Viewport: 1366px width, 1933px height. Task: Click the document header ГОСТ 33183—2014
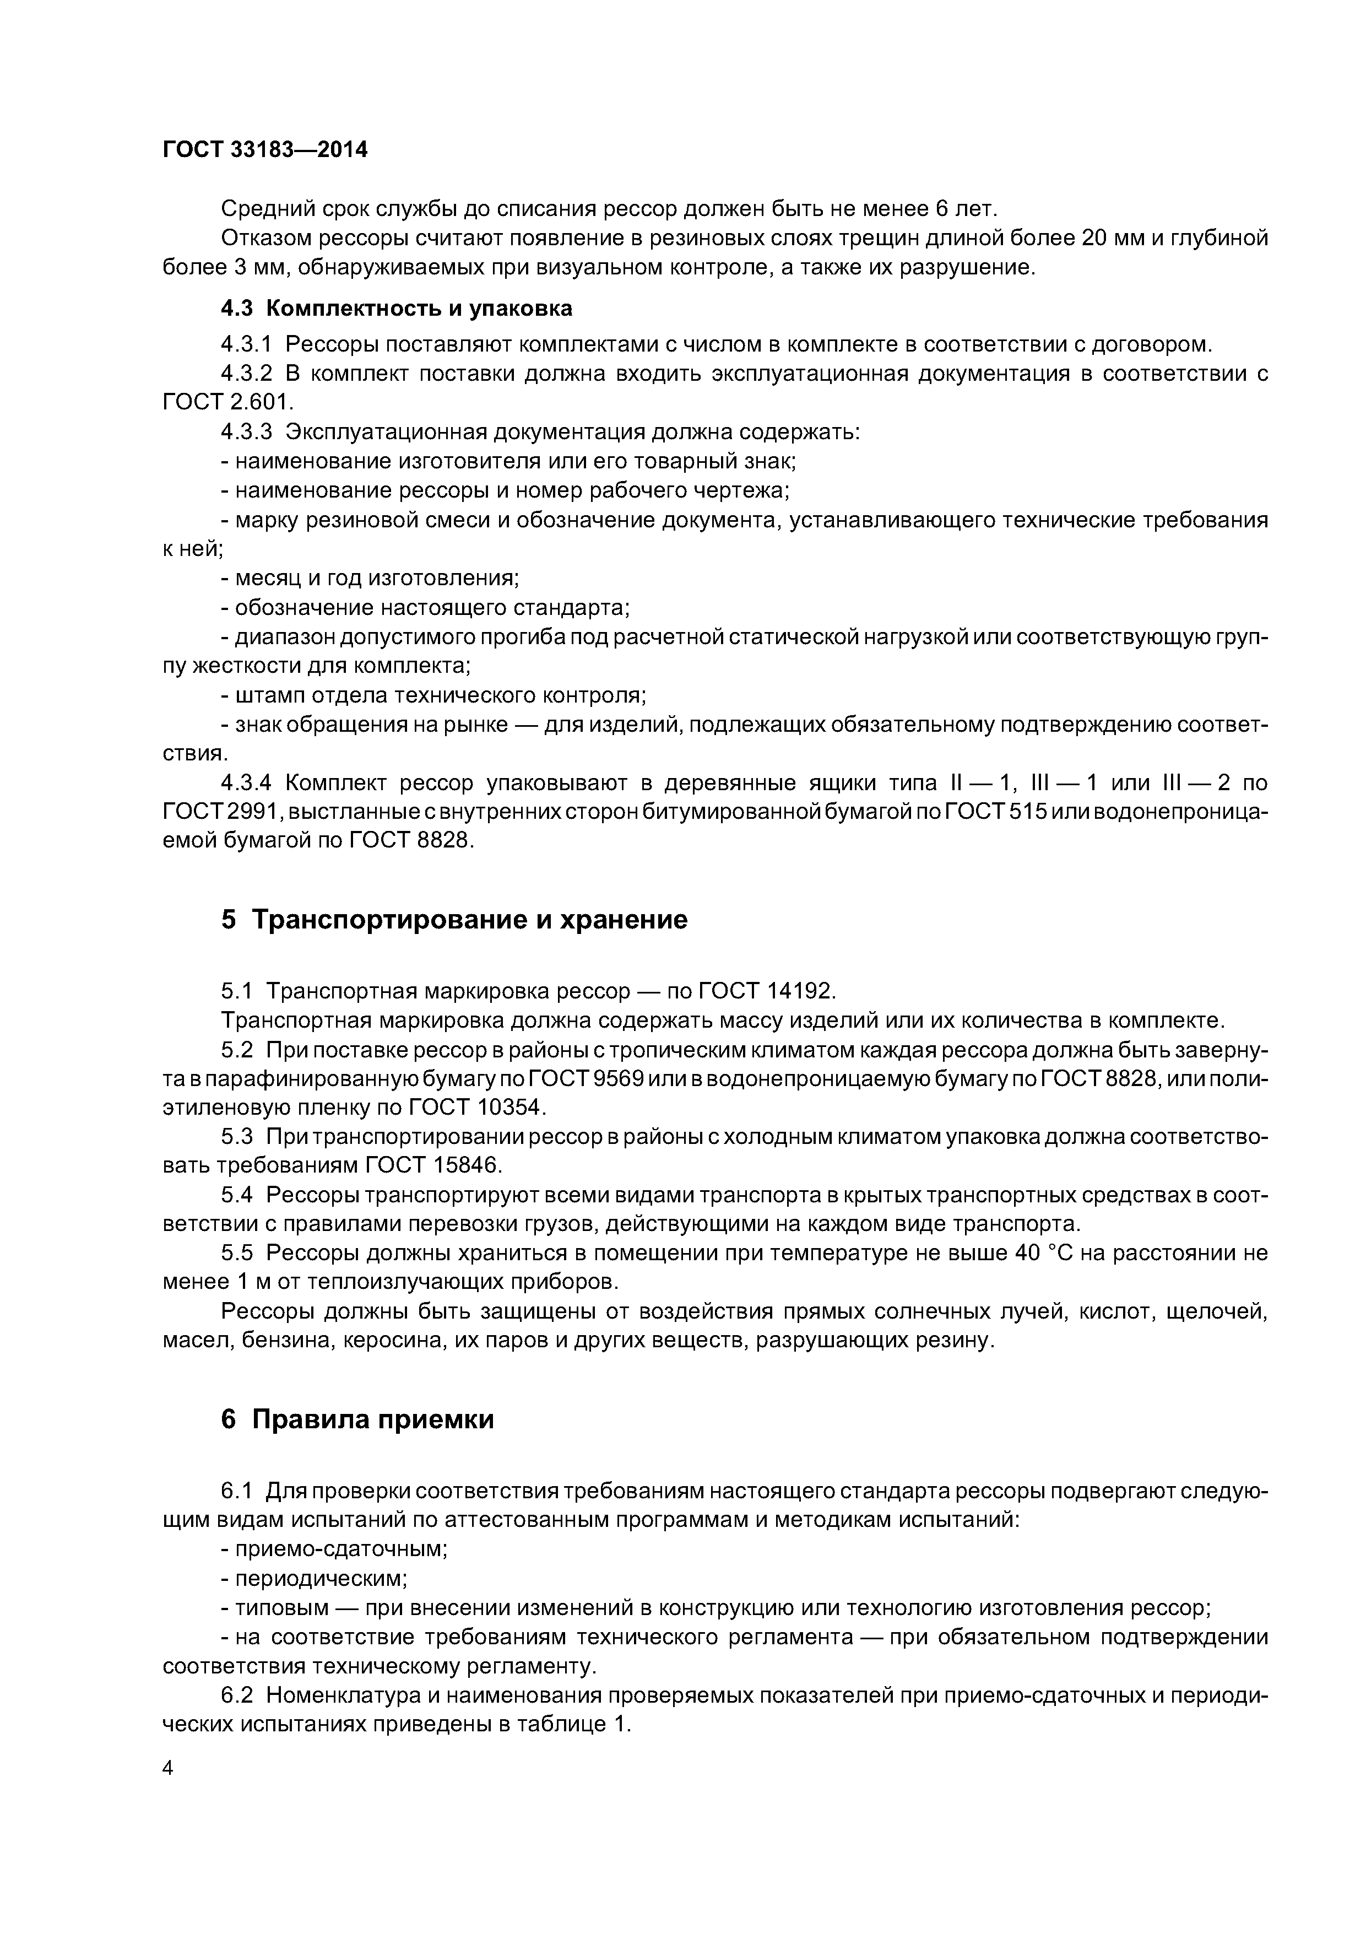tap(265, 150)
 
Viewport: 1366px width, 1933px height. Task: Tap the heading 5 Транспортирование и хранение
tap(454, 919)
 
